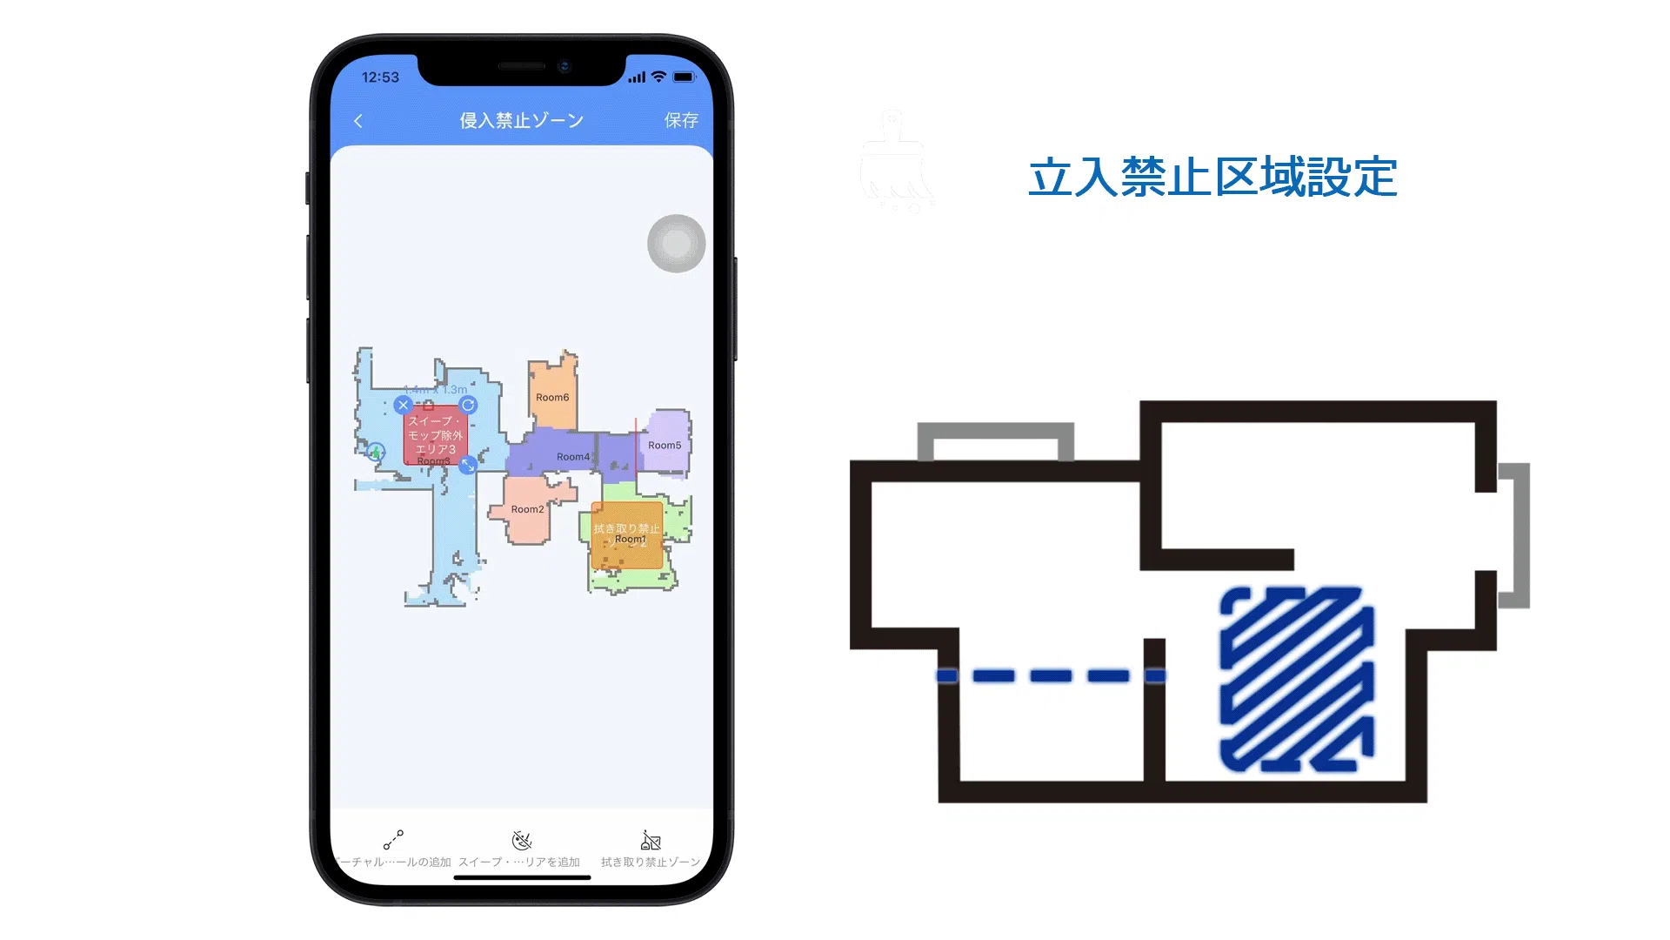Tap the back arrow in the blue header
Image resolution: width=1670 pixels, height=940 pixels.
coord(358,121)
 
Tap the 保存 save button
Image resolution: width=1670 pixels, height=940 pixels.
coord(681,120)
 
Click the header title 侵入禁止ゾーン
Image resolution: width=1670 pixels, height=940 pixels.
coord(521,120)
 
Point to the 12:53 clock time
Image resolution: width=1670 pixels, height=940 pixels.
coord(380,77)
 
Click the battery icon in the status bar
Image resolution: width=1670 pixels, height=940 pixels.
coord(685,77)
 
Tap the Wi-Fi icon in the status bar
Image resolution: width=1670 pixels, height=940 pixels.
coord(658,77)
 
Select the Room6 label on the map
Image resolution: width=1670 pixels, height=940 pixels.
coord(552,398)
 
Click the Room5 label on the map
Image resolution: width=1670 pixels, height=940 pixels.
coord(665,446)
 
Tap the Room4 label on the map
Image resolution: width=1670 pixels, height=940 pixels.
coord(573,457)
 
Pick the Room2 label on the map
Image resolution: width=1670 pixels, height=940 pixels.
coord(527,510)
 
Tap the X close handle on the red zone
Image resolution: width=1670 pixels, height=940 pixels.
coord(403,405)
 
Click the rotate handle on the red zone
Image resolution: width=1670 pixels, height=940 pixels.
coord(468,405)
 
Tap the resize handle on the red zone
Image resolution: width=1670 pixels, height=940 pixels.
coord(468,466)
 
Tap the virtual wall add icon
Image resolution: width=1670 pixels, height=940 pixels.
coord(393,840)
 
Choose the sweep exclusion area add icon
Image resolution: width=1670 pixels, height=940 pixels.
coord(521,840)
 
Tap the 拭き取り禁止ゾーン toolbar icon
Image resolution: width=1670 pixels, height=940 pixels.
coord(651,840)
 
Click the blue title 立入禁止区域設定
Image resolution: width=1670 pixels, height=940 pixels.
coord(1212,178)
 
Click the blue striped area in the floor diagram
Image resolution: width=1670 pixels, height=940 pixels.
coord(1297,679)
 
